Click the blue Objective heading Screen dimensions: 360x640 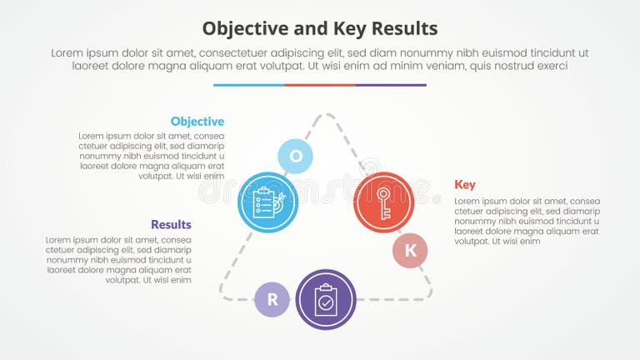[x=197, y=122]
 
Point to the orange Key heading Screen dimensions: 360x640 [x=465, y=184]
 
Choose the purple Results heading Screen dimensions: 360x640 [x=171, y=224]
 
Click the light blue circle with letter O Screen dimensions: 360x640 [x=295, y=156]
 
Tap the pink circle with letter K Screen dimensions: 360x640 [x=410, y=250]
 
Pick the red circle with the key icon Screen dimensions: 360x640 [x=383, y=202]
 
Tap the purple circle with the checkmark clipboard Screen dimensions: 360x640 [x=326, y=299]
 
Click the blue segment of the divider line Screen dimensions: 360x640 [x=248, y=84]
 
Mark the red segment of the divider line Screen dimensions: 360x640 [x=320, y=84]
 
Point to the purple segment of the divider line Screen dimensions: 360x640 [x=391, y=84]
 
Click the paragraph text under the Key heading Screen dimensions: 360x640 [x=527, y=221]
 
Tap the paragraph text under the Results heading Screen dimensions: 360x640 [x=118, y=260]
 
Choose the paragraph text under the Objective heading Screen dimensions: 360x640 [x=152, y=156]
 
